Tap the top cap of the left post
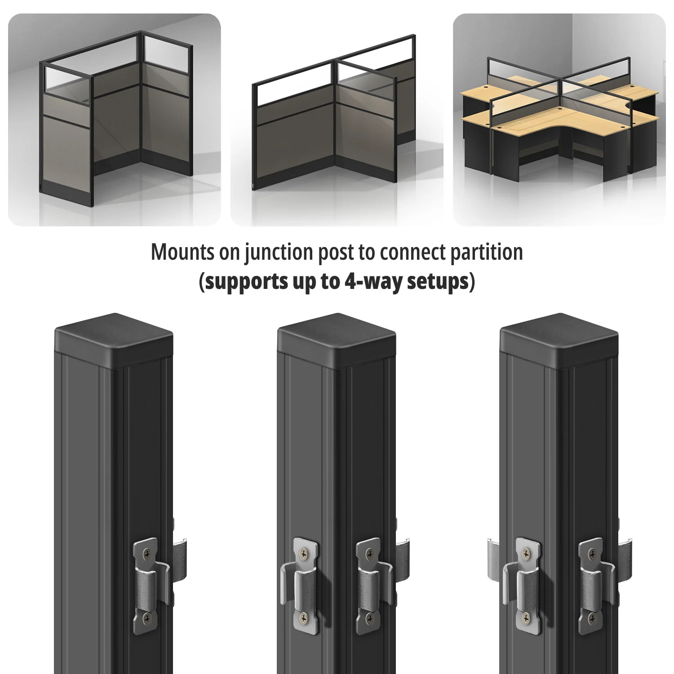click(x=114, y=340)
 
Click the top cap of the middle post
click(x=337, y=340)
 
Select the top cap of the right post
click(x=559, y=340)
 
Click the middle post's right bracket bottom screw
click(x=370, y=619)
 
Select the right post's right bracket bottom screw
click(x=592, y=619)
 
